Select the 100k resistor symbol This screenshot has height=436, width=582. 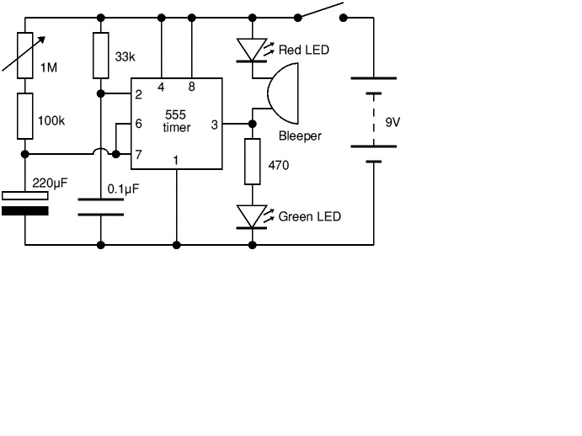(x=25, y=116)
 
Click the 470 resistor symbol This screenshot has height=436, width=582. (x=253, y=162)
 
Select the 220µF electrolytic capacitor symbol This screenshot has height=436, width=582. (x=25, y=202)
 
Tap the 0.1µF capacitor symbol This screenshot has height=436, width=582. (x=101, y=207)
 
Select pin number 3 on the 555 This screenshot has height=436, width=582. (x=214, y=125)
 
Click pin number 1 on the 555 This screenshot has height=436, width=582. (x=176, y=159)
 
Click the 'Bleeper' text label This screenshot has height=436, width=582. (x=300, y=136)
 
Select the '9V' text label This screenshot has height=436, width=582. (x=393, y=122)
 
